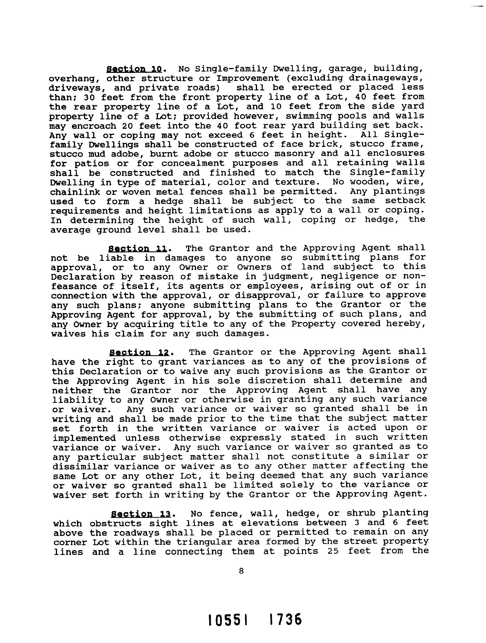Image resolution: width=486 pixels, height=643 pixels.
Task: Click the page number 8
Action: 241,571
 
